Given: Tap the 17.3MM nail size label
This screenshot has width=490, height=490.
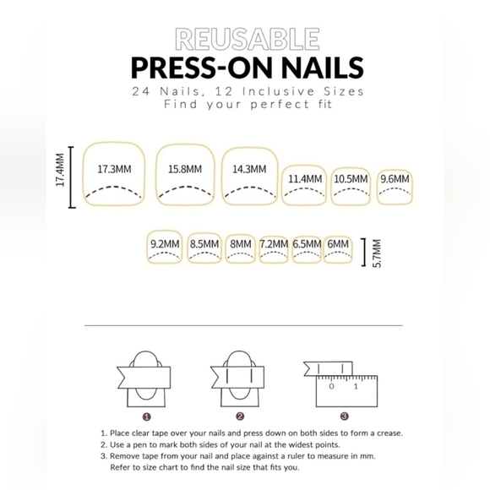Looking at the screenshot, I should pyautogui.click(x=114, y=169).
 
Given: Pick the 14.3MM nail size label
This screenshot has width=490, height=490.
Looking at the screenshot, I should pyautogui.click(x=249, y=169).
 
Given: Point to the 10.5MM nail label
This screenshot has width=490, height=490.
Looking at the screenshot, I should pyautogui.click(x=351, y=179).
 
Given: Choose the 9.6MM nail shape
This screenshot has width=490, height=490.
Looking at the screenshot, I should pyautogui.click(x=395, y=185).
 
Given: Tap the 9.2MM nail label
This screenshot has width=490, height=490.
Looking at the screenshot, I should pyautogui.click(x=165, y=244).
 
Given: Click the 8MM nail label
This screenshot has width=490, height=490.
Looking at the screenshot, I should pyautogui.click(x=241, y=244).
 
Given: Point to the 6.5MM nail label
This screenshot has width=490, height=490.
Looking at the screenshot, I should pyautogui.click(x=308, y=244).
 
